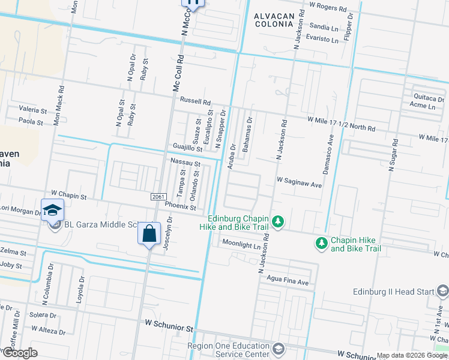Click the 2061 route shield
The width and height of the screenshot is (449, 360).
pyautogui.click(x=157, y=197)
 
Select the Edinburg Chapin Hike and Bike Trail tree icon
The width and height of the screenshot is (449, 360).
pyautogui.click(x=277, y=222)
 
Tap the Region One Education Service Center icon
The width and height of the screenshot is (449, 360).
pyautogui.click(x=278, y=349)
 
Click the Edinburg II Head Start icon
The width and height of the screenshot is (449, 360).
pyautogui.click(x=443, y=291)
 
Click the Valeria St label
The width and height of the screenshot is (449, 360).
pyautogui.click(x=32, y=110)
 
